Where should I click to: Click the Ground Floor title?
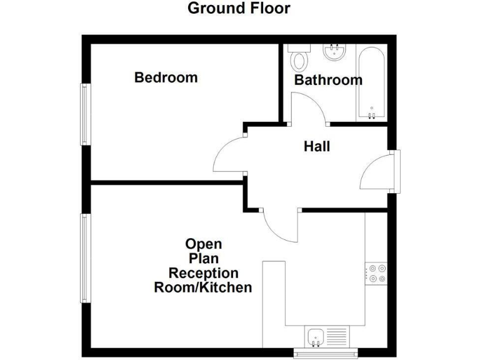239,8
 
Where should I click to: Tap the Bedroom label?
166,77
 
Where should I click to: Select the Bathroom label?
327,80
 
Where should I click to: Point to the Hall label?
317,147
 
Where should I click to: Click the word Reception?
203,273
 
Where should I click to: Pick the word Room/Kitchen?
203,288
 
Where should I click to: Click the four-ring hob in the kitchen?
377,272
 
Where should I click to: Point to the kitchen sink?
315,336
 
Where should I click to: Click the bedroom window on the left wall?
84,114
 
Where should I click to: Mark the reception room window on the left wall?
84,257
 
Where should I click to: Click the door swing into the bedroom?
229,156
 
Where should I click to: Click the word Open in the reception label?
203,244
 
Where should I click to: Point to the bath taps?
372,114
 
